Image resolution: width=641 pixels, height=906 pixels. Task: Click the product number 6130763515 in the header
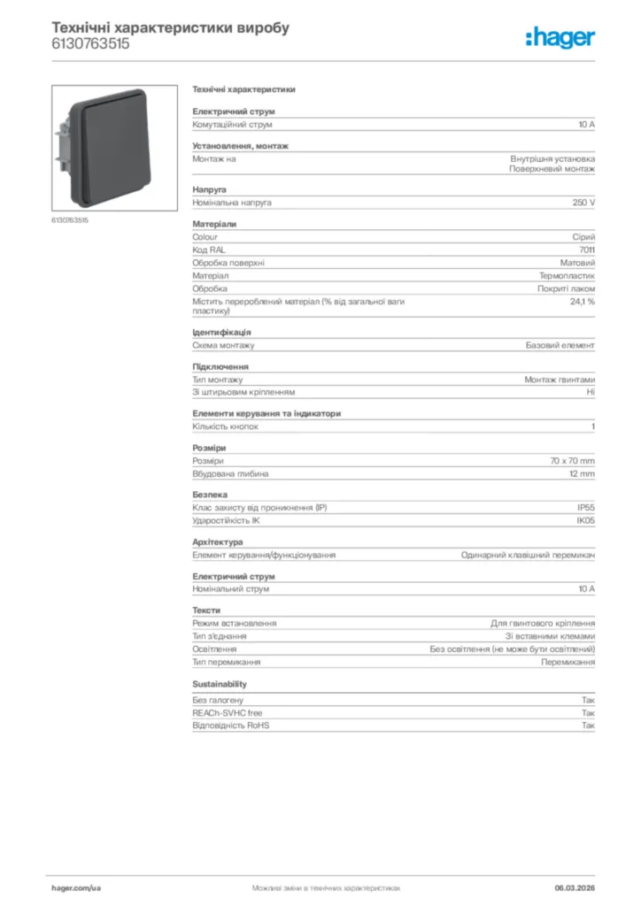90,43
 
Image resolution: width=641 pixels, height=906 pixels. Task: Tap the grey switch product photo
114,145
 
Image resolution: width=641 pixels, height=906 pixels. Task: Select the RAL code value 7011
587,250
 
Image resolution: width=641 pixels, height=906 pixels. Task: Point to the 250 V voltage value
584,203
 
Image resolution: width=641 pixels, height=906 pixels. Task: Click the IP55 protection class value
586,508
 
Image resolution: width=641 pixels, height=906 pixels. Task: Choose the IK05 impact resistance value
586,520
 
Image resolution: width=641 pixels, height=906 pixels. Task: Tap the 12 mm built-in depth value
582,473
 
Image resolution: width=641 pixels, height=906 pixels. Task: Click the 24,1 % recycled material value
582,302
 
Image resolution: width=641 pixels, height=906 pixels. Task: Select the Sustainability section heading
220,684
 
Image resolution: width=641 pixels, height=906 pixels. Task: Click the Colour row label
205,237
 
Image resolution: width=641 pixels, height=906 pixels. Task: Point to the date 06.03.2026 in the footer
575,887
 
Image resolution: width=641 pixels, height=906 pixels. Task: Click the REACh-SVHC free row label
228,712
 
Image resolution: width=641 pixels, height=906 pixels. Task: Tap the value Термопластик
567,276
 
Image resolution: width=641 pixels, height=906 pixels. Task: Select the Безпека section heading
210,495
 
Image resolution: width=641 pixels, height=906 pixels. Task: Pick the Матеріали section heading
214,224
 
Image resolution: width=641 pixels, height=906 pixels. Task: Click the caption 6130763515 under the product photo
70,219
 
